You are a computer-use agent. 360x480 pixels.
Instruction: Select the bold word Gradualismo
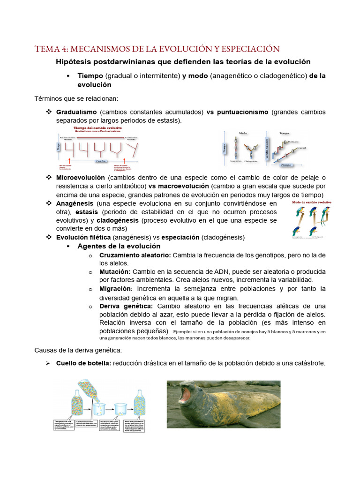76,112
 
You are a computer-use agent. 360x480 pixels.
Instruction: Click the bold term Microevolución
80,178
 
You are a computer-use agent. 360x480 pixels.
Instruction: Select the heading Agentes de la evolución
119,246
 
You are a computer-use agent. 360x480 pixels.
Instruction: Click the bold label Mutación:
115,272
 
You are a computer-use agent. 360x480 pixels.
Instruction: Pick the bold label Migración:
116,289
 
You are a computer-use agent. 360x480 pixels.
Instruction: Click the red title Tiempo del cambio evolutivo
97,127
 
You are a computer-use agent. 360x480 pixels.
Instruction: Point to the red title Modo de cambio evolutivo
312,202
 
